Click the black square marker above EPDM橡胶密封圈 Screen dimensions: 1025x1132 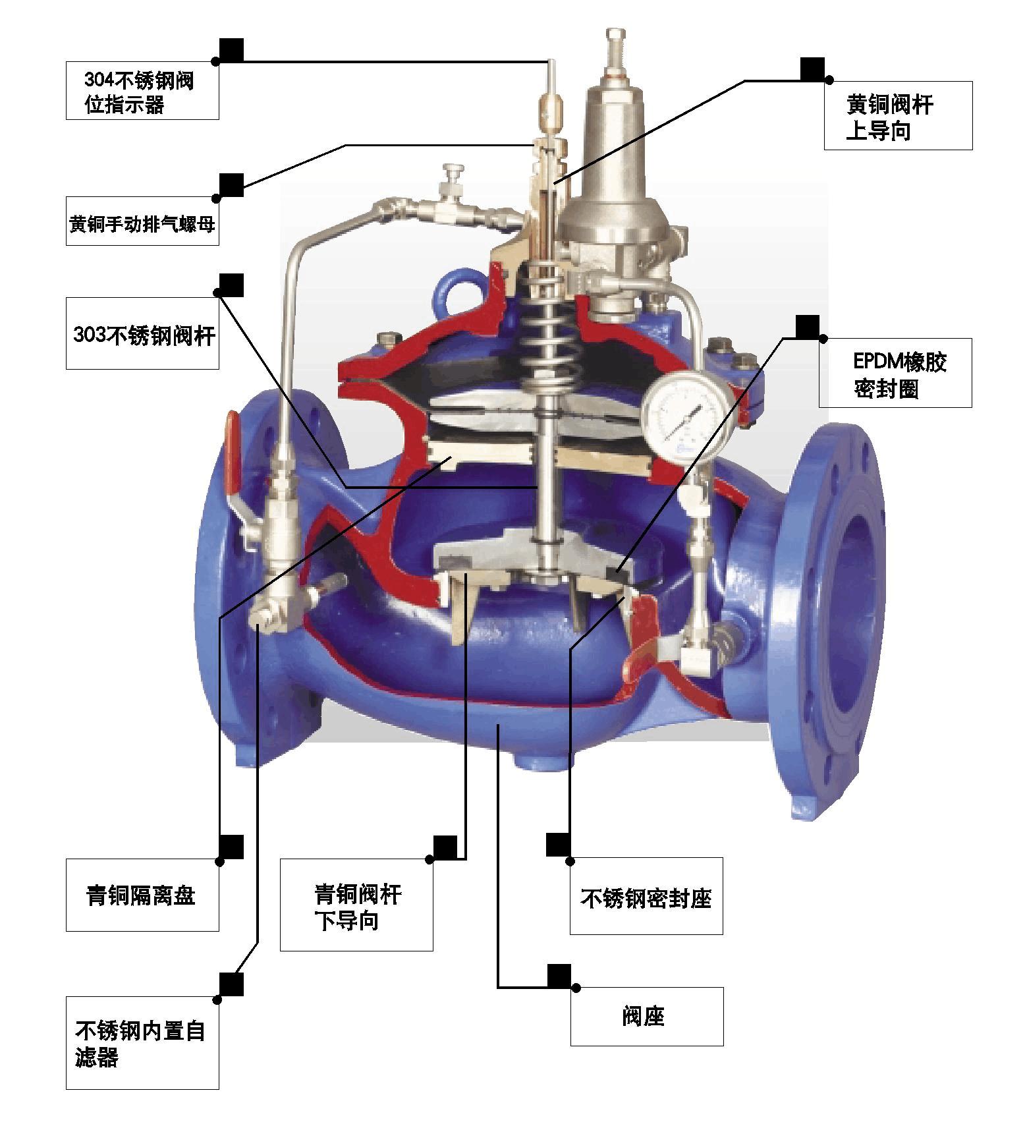pyautogui.click(x=808, y=327)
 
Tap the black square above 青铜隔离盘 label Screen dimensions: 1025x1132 pyautogui.click(x=231, y=847)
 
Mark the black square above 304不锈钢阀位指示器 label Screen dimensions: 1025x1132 pyautogui.click(x=231, y=50)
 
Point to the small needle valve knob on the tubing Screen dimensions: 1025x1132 pyautogui.click(x=453, y=176)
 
